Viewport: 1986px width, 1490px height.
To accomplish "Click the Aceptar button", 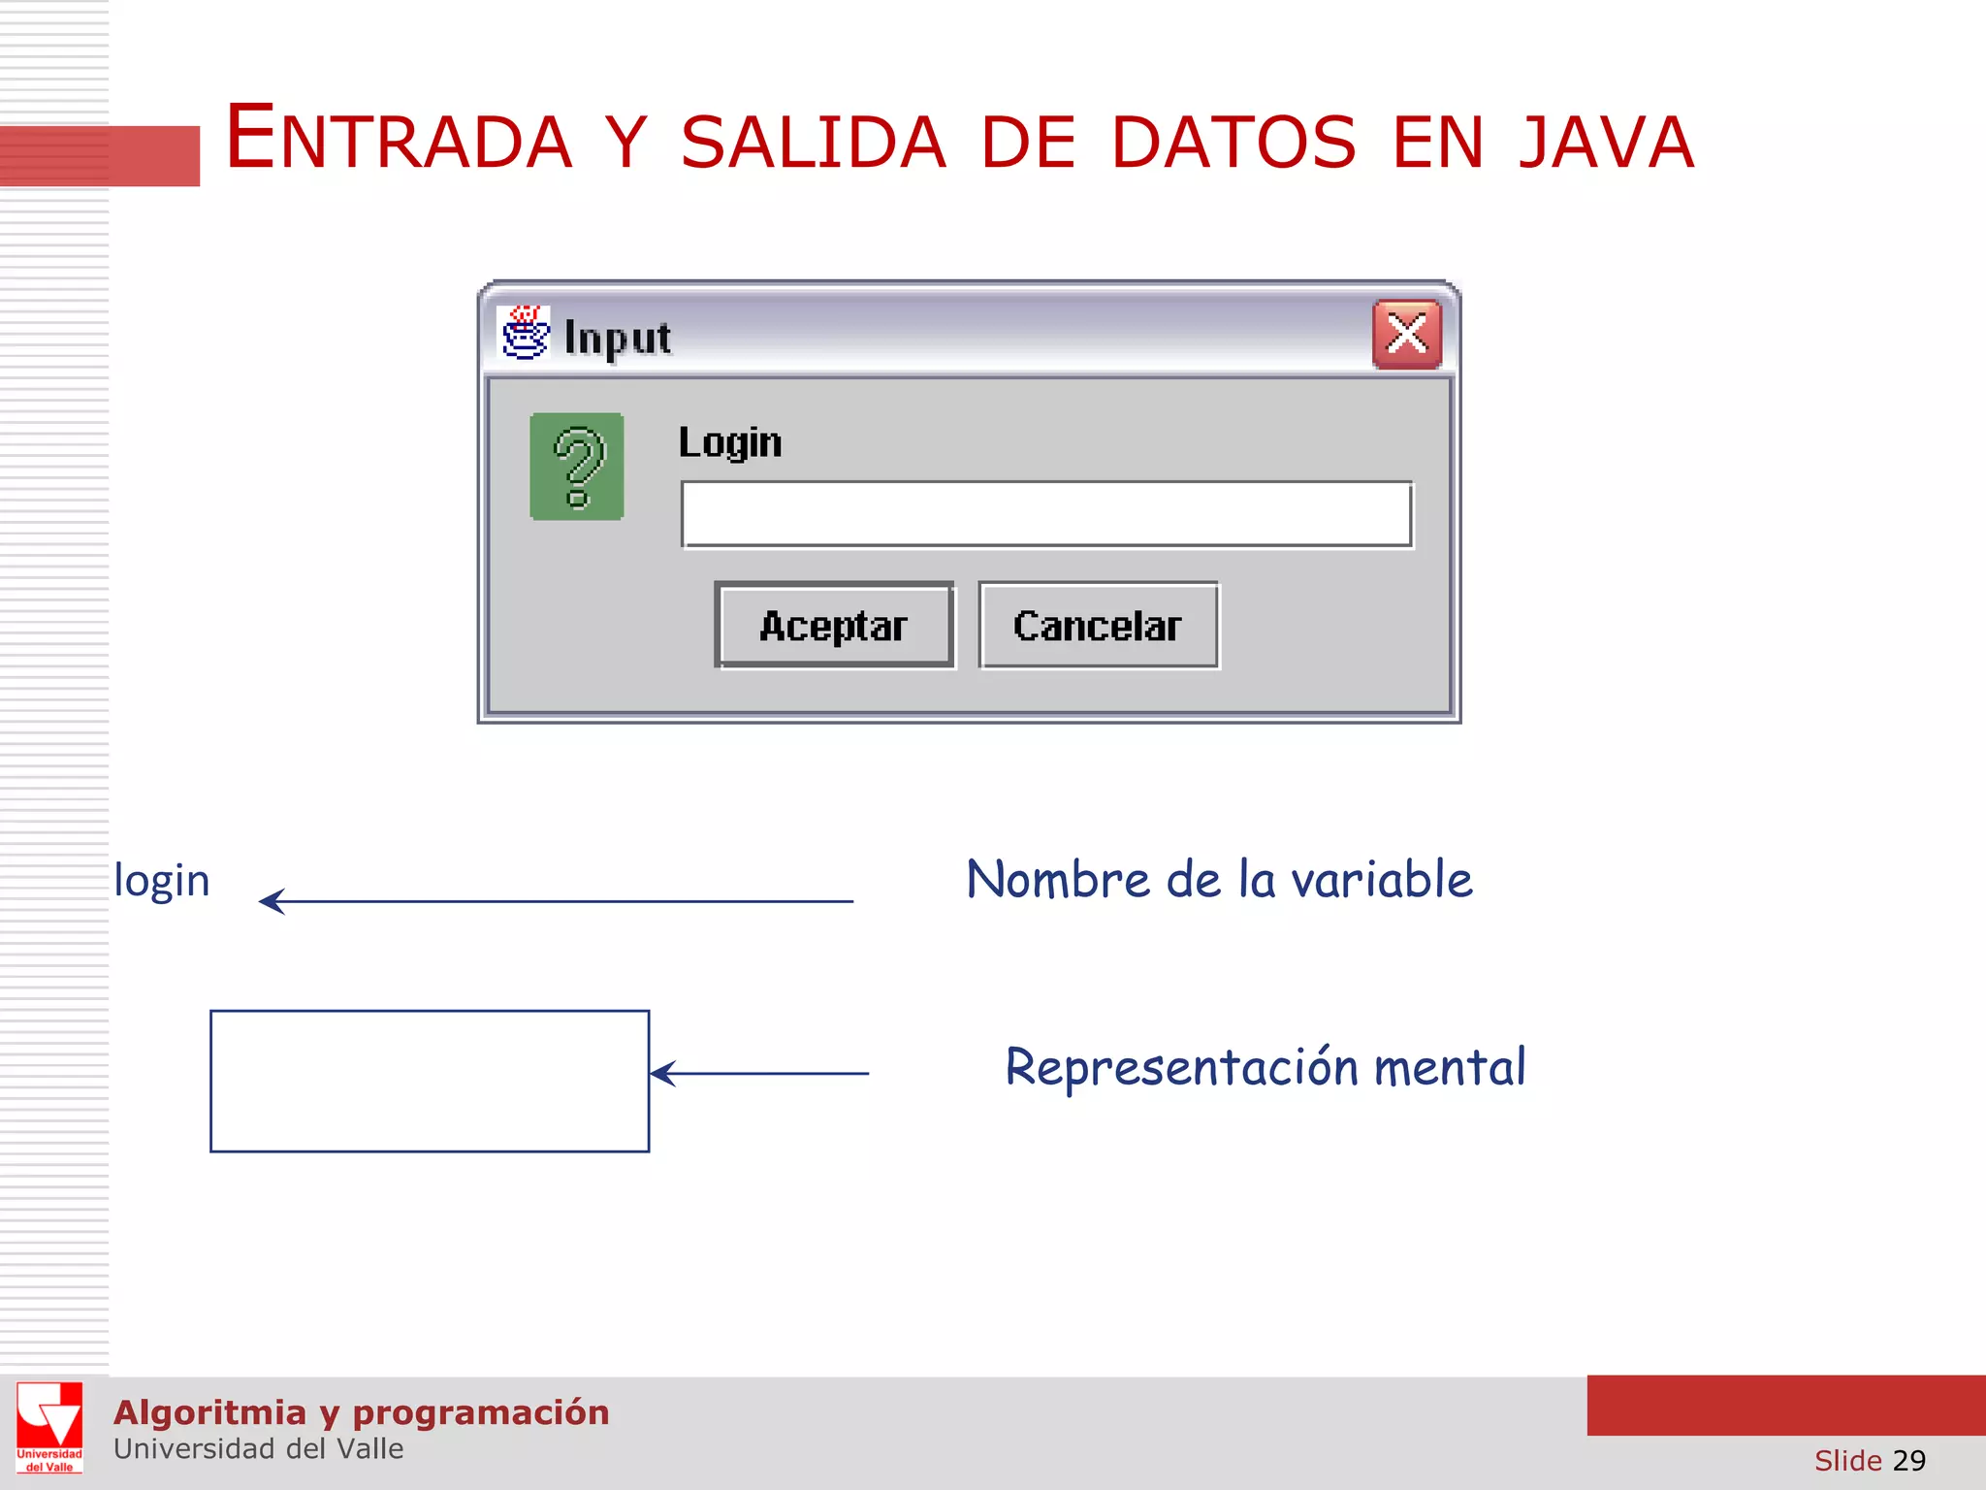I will (834, 626).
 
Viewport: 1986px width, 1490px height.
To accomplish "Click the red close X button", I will (1406, 335).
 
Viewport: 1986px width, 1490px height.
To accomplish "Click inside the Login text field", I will (1046, 514).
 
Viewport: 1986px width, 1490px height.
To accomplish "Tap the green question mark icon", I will (577, 467).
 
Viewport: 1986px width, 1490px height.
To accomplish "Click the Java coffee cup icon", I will (525, 334).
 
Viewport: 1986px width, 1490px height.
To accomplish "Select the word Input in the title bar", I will (618, 339).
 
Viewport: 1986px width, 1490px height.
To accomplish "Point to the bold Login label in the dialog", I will (730, 442).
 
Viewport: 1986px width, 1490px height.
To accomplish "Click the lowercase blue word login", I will (162, 881).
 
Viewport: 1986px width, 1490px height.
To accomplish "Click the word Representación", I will (1181, 1068).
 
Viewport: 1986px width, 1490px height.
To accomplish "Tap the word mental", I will (1450, 1067).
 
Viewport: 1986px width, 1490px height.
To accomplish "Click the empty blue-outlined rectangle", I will (430, 1081).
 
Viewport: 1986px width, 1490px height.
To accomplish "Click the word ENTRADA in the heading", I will (399, 140).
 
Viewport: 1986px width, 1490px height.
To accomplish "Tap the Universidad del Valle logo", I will (49, 1427).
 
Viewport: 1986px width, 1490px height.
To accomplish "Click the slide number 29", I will (1908, 1460).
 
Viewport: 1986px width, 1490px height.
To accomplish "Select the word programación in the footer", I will (481, 1412).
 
